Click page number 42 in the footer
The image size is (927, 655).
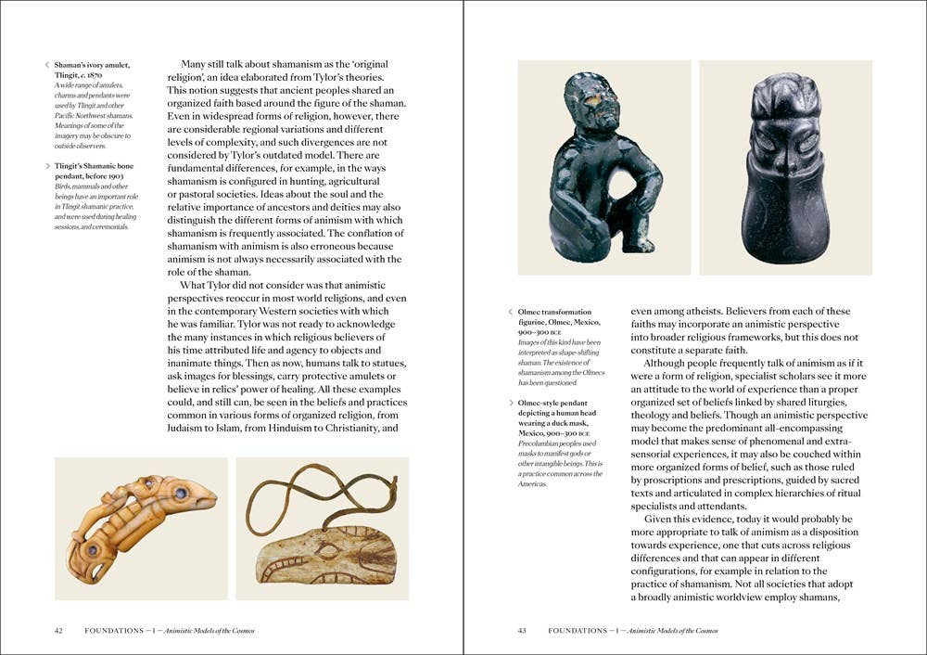tap(58, 631)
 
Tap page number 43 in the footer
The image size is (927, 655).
tap(522, 631)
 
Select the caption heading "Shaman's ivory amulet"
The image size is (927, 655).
tap(92, 65)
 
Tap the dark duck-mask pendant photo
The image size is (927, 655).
tap(785, 167)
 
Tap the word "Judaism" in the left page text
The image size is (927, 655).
tap(190, 429)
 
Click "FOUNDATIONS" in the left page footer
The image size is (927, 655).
tap(113, 631)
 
